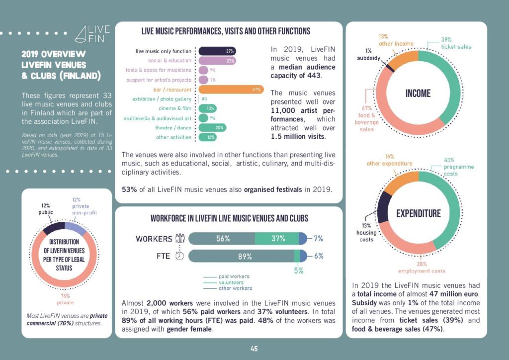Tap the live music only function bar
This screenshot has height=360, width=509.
217,51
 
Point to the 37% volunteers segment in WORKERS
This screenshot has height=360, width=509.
278,239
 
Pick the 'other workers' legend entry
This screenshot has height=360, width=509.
235,288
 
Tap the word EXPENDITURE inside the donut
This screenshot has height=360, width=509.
418,214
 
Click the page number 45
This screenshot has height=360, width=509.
254,349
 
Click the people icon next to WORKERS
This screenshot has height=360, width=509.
180,239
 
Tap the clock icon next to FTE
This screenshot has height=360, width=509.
180,257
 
